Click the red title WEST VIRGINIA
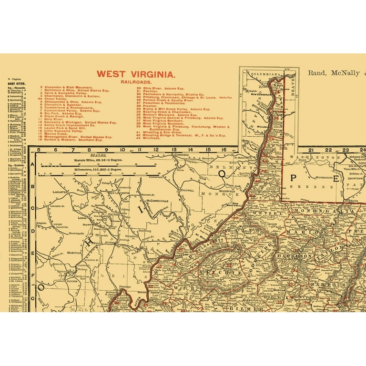point(136,74)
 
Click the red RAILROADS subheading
point(136,82)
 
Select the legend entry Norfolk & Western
point(71,140)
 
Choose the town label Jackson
point(72,281)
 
